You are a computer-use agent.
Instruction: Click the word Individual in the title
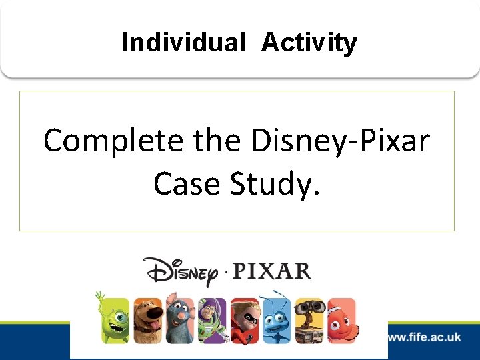[184, 43]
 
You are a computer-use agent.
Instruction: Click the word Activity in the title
[309, 43]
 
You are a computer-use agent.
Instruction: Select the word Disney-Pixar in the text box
[341, 141]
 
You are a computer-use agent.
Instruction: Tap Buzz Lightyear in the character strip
[212, 321]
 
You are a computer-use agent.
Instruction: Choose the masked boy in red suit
[245, 321]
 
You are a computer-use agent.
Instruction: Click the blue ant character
[277, 319]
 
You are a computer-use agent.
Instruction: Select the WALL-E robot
[309, 321]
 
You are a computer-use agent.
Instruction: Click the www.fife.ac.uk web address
[424, 337]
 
